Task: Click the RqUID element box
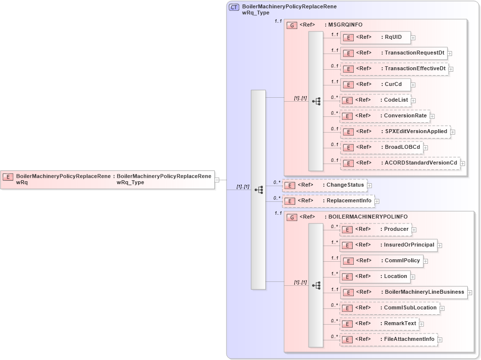pyautogui.click(x=375, y=37)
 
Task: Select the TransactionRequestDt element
pyautogui.click(x=394, y=53)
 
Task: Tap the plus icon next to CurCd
pyautogui.click(x=413, y=84)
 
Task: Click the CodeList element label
pyautogui.click(x=396, y=100)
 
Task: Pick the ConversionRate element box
pyautogui.click(x=385, y=116)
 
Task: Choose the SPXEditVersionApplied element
pyautogui.click(x=395, y=132)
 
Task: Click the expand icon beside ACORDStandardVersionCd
pyautogui.click(x=462, y=163)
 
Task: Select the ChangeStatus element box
pyautogui.click(x=325, y=185)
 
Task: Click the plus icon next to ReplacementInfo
pyautogui.click(x=377, y=201)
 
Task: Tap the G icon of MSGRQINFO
pyautogui.click(x=292, y=25)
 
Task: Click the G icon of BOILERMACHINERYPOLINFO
pyautogui.click(x=292, y=217)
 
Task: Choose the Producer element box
pyautogui.click(x=375, y=229)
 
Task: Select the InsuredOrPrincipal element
pyautogui.click(x=389, y=245)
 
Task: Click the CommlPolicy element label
pyautogui.click(x=402, y=261)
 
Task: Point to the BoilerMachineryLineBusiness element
pyautogui.click(x=403, y=292)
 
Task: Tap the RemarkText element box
pyautogui.click(x=379, y=324)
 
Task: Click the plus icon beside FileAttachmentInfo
pyautogui.click(x=440, y=339)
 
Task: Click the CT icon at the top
pyautogui.click(x=234, y=7)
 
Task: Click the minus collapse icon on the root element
pyautogui.click(x=217, y=180)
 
